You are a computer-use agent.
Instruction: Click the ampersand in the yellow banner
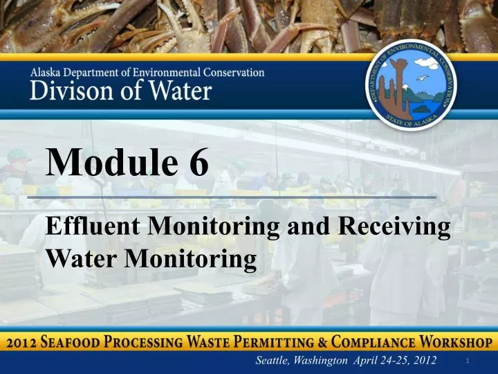(322, 343)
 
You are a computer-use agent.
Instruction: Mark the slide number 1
(468, 360)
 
